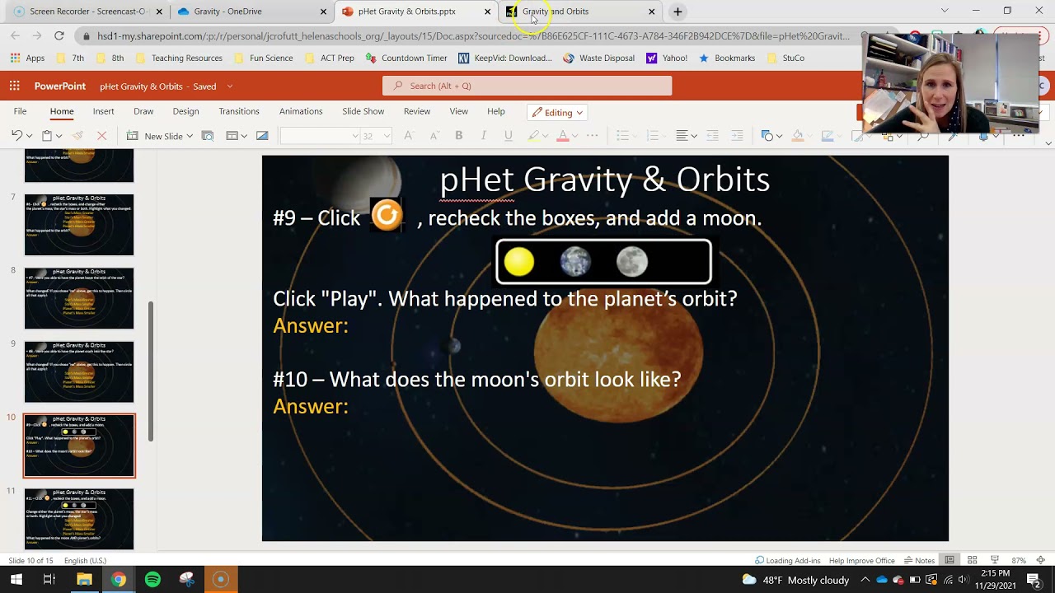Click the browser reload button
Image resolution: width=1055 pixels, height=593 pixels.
tap(59, 36)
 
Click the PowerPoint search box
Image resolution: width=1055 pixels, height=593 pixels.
tap(527, 86)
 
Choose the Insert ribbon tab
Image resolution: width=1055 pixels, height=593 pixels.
tap(103, 112)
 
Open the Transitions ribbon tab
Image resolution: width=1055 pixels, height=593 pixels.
tap(239, 112)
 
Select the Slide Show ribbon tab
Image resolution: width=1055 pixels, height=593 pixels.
tap(363, 112)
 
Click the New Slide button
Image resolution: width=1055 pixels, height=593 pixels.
tap(162, 136)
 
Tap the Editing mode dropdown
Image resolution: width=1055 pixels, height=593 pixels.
tap(558, 113)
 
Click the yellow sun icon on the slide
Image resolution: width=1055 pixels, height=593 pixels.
tap(519, 262)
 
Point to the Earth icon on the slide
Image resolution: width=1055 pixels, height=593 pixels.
tap(575, 262)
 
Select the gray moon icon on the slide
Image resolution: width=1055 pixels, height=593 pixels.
tap(632, 262)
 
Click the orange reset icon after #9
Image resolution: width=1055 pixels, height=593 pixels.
tap(387, 216)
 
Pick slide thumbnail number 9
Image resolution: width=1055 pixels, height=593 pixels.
tap(79, 371)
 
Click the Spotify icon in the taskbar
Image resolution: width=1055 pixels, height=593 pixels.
tap(152, 580)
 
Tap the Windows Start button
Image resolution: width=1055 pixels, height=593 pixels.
tap(16, 580)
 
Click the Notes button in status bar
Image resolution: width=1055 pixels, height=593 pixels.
tap(919, 561)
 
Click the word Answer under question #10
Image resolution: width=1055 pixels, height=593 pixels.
tap(310, 406)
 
